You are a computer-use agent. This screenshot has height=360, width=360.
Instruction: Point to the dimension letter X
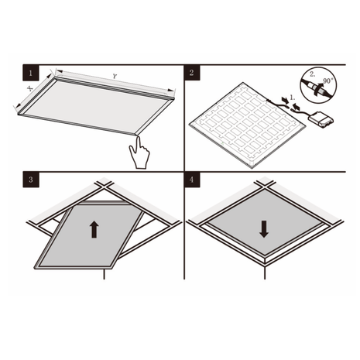point(29,89)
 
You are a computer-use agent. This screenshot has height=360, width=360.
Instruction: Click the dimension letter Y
point(115,77)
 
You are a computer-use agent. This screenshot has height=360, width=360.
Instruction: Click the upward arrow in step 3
point(94,228)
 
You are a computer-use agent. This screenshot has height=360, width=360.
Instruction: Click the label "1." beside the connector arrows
point(290,99)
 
